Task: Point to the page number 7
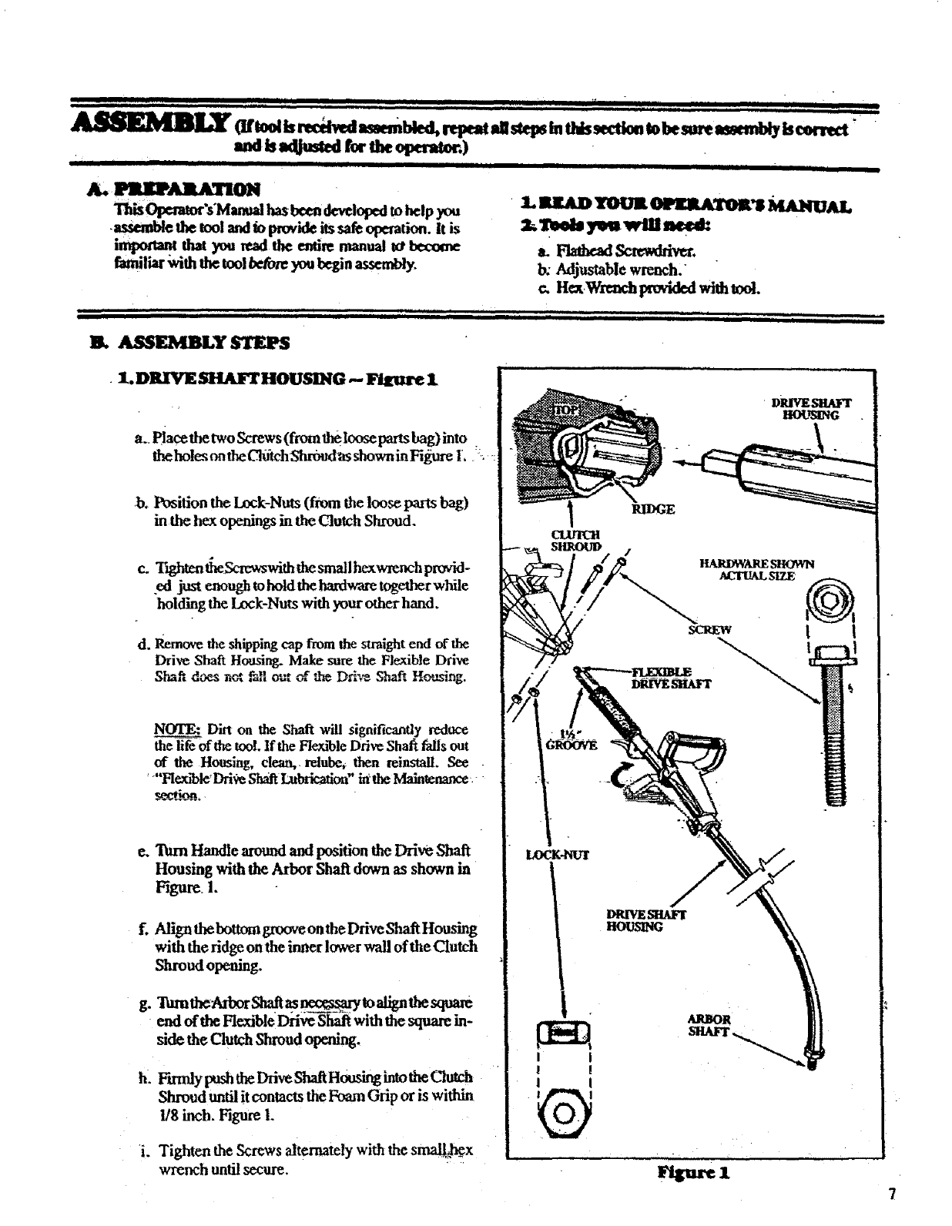coord(891,1194)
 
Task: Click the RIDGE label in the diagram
coord(654,508)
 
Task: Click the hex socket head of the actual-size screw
coord(835,602)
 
